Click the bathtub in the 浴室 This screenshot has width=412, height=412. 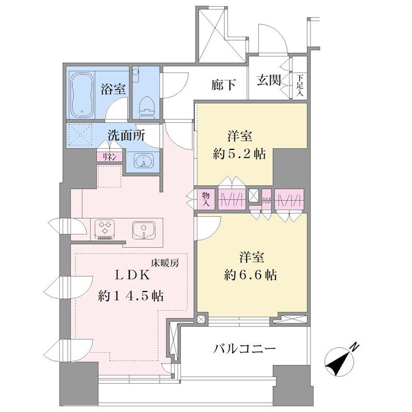pos(82,95)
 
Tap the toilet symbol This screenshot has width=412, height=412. pos(147,107)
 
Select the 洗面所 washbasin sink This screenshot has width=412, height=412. pos(143,161)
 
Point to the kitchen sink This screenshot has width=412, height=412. pos(144,230)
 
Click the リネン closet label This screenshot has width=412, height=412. pos(109,157)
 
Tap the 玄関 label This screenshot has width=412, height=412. pos(269,80)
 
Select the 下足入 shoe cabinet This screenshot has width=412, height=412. pos(300,85)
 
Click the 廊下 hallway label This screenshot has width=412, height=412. pos(224,85)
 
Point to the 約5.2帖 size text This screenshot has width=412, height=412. pos(239,153)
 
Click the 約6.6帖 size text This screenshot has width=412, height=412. pos(250,275)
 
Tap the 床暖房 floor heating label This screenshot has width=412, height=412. pos(165,263)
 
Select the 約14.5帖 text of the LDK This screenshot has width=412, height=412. pos(131,296)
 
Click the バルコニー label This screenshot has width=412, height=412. pos(244,349)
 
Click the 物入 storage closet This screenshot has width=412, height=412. pos(206,199)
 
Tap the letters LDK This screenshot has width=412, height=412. pos(133,275)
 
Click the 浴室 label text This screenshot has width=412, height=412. pos(113,89)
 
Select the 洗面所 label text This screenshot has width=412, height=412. pos(126,135)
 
